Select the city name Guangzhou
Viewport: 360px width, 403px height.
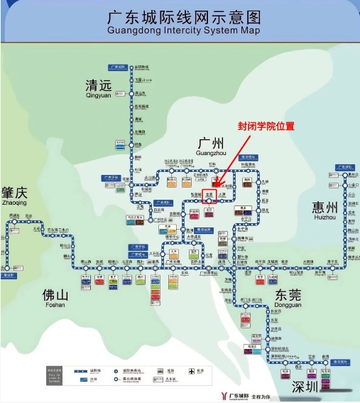tap(211, 151)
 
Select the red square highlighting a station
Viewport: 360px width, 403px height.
tap(209, 195)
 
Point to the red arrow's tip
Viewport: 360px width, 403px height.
tap(214, 187)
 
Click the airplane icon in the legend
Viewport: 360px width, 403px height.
tap(192, 371)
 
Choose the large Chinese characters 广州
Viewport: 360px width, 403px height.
tap(211, 141)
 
